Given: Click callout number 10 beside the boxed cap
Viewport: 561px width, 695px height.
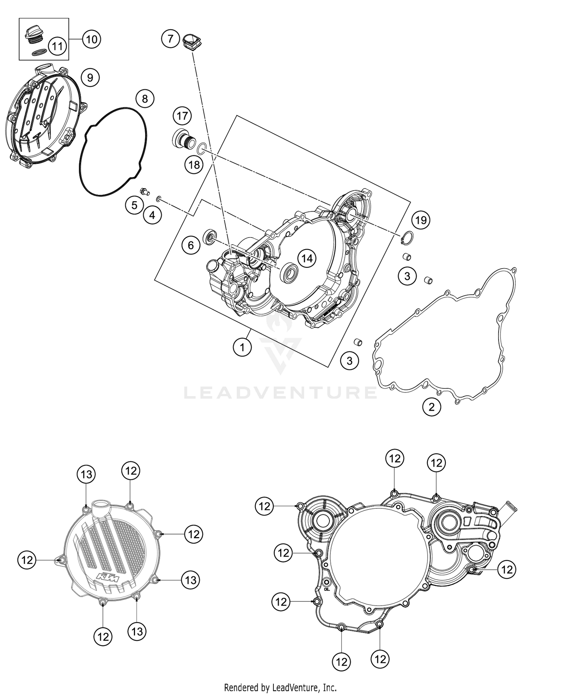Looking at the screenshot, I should coord(92,39).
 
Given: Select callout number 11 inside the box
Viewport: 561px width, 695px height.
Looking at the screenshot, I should coord(57,46).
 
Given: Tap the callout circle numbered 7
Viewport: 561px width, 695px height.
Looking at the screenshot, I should coord(171,39).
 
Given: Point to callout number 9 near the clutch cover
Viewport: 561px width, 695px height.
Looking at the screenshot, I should coord(90,77).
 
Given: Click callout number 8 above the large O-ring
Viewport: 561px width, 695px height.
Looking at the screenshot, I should coord(145,99).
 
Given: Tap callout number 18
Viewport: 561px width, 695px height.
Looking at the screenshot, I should coord(194,164).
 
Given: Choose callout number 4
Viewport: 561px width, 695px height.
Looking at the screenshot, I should coord(152,215).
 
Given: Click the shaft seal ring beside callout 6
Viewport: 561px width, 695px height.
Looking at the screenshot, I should coord(210,237).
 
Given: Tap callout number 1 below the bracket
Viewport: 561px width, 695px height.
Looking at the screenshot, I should coord(242,347).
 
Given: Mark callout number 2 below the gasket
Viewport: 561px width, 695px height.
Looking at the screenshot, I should coord(432,407).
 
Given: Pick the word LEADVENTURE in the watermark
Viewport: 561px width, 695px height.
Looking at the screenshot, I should coord(280,392).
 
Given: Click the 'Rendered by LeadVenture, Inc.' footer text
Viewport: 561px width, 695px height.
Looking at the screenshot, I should coord(280,687).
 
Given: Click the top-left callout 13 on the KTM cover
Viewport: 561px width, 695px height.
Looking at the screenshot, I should coord(86,474).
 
